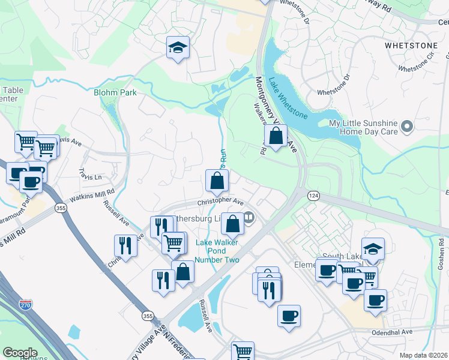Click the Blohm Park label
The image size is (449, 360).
[x=115, y=92]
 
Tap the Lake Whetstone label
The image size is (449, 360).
[x=289, y=99]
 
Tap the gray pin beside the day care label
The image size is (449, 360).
[x=407, y=126]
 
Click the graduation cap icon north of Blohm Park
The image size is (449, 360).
[x=178, y=48]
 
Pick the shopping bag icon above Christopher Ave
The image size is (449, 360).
[x=217, y=181]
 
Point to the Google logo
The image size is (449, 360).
[x=20, y=353]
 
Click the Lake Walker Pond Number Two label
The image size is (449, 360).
[x=218, y=251]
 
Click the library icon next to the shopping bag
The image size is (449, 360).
[x=249, y=218]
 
